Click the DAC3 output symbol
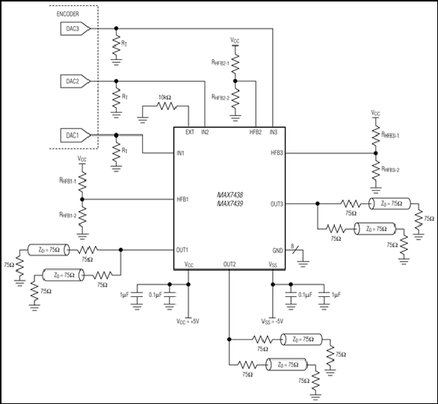(x=75, y=28)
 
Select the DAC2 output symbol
(x=75, y=82)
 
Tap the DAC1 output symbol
(x=75, y=135)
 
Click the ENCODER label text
(x=67, y=14)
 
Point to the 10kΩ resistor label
(x=164, y=97)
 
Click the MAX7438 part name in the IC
(x=230, y=195)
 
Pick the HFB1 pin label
(x=182, y=199)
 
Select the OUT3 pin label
(x=277, y=204)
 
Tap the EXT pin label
(x=190, y=132)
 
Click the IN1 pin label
(x=180, y=153)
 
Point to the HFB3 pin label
(x=277, y=153)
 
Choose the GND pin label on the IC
(x=277, y=251)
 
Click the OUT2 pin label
(x=229, y=264)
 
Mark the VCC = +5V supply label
(x=188, y=322)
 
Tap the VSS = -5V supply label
(x=272, y=322)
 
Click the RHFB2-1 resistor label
(x=220, y=63)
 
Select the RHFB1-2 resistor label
(x=67, y=215)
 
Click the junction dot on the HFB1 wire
(x=82, y=199)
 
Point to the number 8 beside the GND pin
(x=292, y=246)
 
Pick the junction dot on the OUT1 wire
(x=120, y=250)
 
